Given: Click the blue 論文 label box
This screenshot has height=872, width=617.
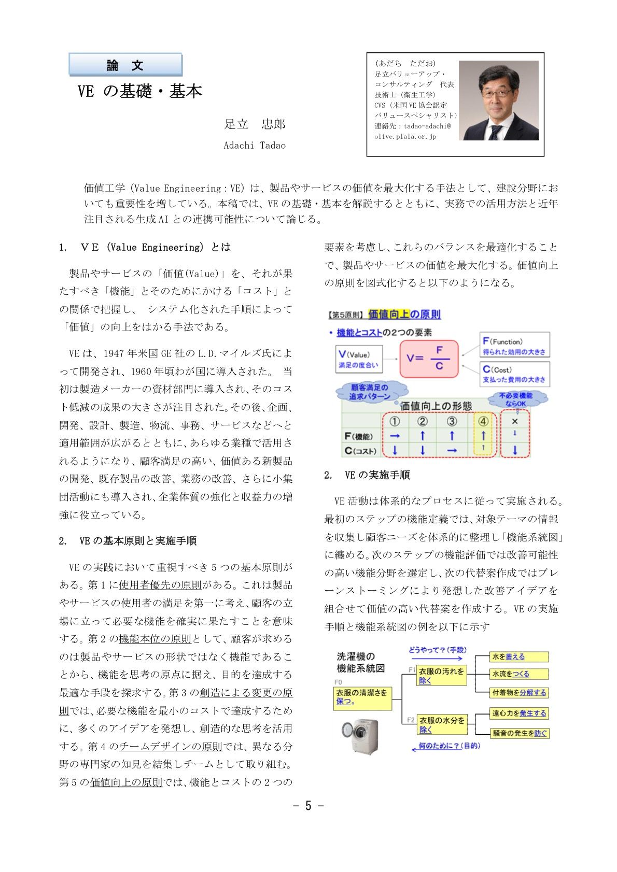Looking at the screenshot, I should [125, 65].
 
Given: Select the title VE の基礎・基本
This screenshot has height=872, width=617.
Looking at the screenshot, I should [139, 92].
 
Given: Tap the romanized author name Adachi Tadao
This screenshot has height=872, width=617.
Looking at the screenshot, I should [254, 146].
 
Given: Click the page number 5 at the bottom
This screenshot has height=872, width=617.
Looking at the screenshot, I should [308, 806].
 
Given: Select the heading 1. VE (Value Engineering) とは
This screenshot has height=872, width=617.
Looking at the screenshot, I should [145, 247].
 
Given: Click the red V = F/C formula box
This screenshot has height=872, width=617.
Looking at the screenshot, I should [429, 358].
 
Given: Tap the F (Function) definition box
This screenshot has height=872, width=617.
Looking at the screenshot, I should [514, 346].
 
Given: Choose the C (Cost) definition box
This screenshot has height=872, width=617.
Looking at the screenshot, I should [514, 374].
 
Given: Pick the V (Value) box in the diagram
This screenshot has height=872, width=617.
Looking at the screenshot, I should [359, 359].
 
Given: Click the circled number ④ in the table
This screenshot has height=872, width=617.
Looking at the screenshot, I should [483, 421].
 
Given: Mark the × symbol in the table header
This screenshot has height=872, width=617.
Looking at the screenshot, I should [514, 421].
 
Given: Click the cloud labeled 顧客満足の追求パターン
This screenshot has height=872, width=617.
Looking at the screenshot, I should [369, 392].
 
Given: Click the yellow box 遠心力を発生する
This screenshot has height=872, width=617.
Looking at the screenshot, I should [518, 713].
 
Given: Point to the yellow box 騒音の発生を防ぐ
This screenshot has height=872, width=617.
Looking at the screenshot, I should [518, 733].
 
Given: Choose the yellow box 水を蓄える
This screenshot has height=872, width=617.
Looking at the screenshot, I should [518, 656].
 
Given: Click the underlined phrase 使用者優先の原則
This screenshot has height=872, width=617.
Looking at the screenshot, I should [160, 585].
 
